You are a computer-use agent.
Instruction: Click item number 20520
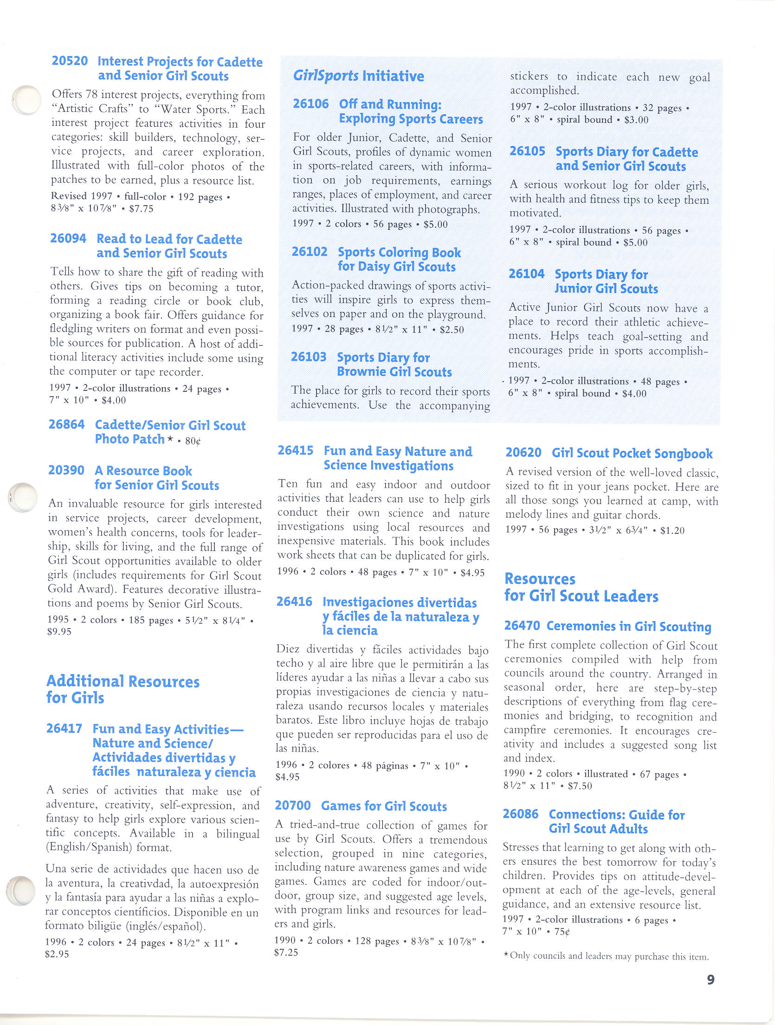[x=70, y=61]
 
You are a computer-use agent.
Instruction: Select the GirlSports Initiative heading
[x=358, y=76]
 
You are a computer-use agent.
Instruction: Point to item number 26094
[x=68, y=239]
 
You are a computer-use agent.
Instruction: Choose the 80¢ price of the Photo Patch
[x=193, y=441]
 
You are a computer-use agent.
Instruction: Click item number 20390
[x=66, y=470]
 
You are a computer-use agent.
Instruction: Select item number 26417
[x=64, y=728]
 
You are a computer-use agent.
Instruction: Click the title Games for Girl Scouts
[x=384, y=806]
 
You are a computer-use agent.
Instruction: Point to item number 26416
[x=294, y=602]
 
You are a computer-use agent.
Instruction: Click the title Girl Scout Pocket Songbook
[x=632, y=453]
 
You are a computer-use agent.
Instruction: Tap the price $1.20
[x=672, y=530]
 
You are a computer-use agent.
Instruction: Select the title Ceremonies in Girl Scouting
[x=629, y=627]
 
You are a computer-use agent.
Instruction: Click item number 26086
[x=521, y=814]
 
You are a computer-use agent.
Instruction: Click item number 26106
[x=310, y=104]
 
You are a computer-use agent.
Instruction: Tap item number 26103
[x=309, y=357]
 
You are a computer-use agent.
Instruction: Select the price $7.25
[x=286, y=953]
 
